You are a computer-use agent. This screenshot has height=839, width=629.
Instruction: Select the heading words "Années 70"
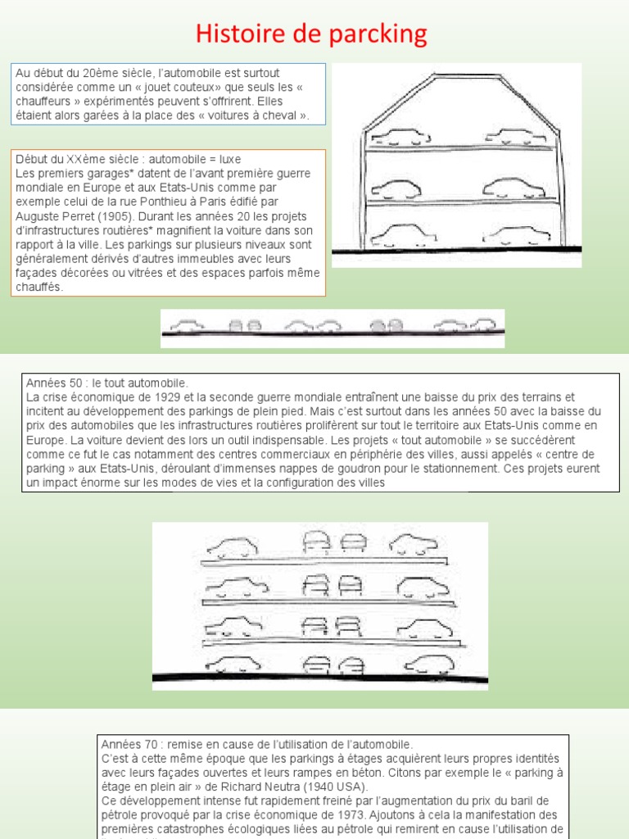(x=126, y=744)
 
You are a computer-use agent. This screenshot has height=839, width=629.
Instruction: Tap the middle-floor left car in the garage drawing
(x=395, y=189)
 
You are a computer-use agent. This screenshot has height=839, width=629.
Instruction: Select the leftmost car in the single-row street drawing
(x=187, y=325)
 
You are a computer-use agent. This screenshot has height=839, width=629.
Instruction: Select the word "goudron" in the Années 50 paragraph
(x=403, y=469)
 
